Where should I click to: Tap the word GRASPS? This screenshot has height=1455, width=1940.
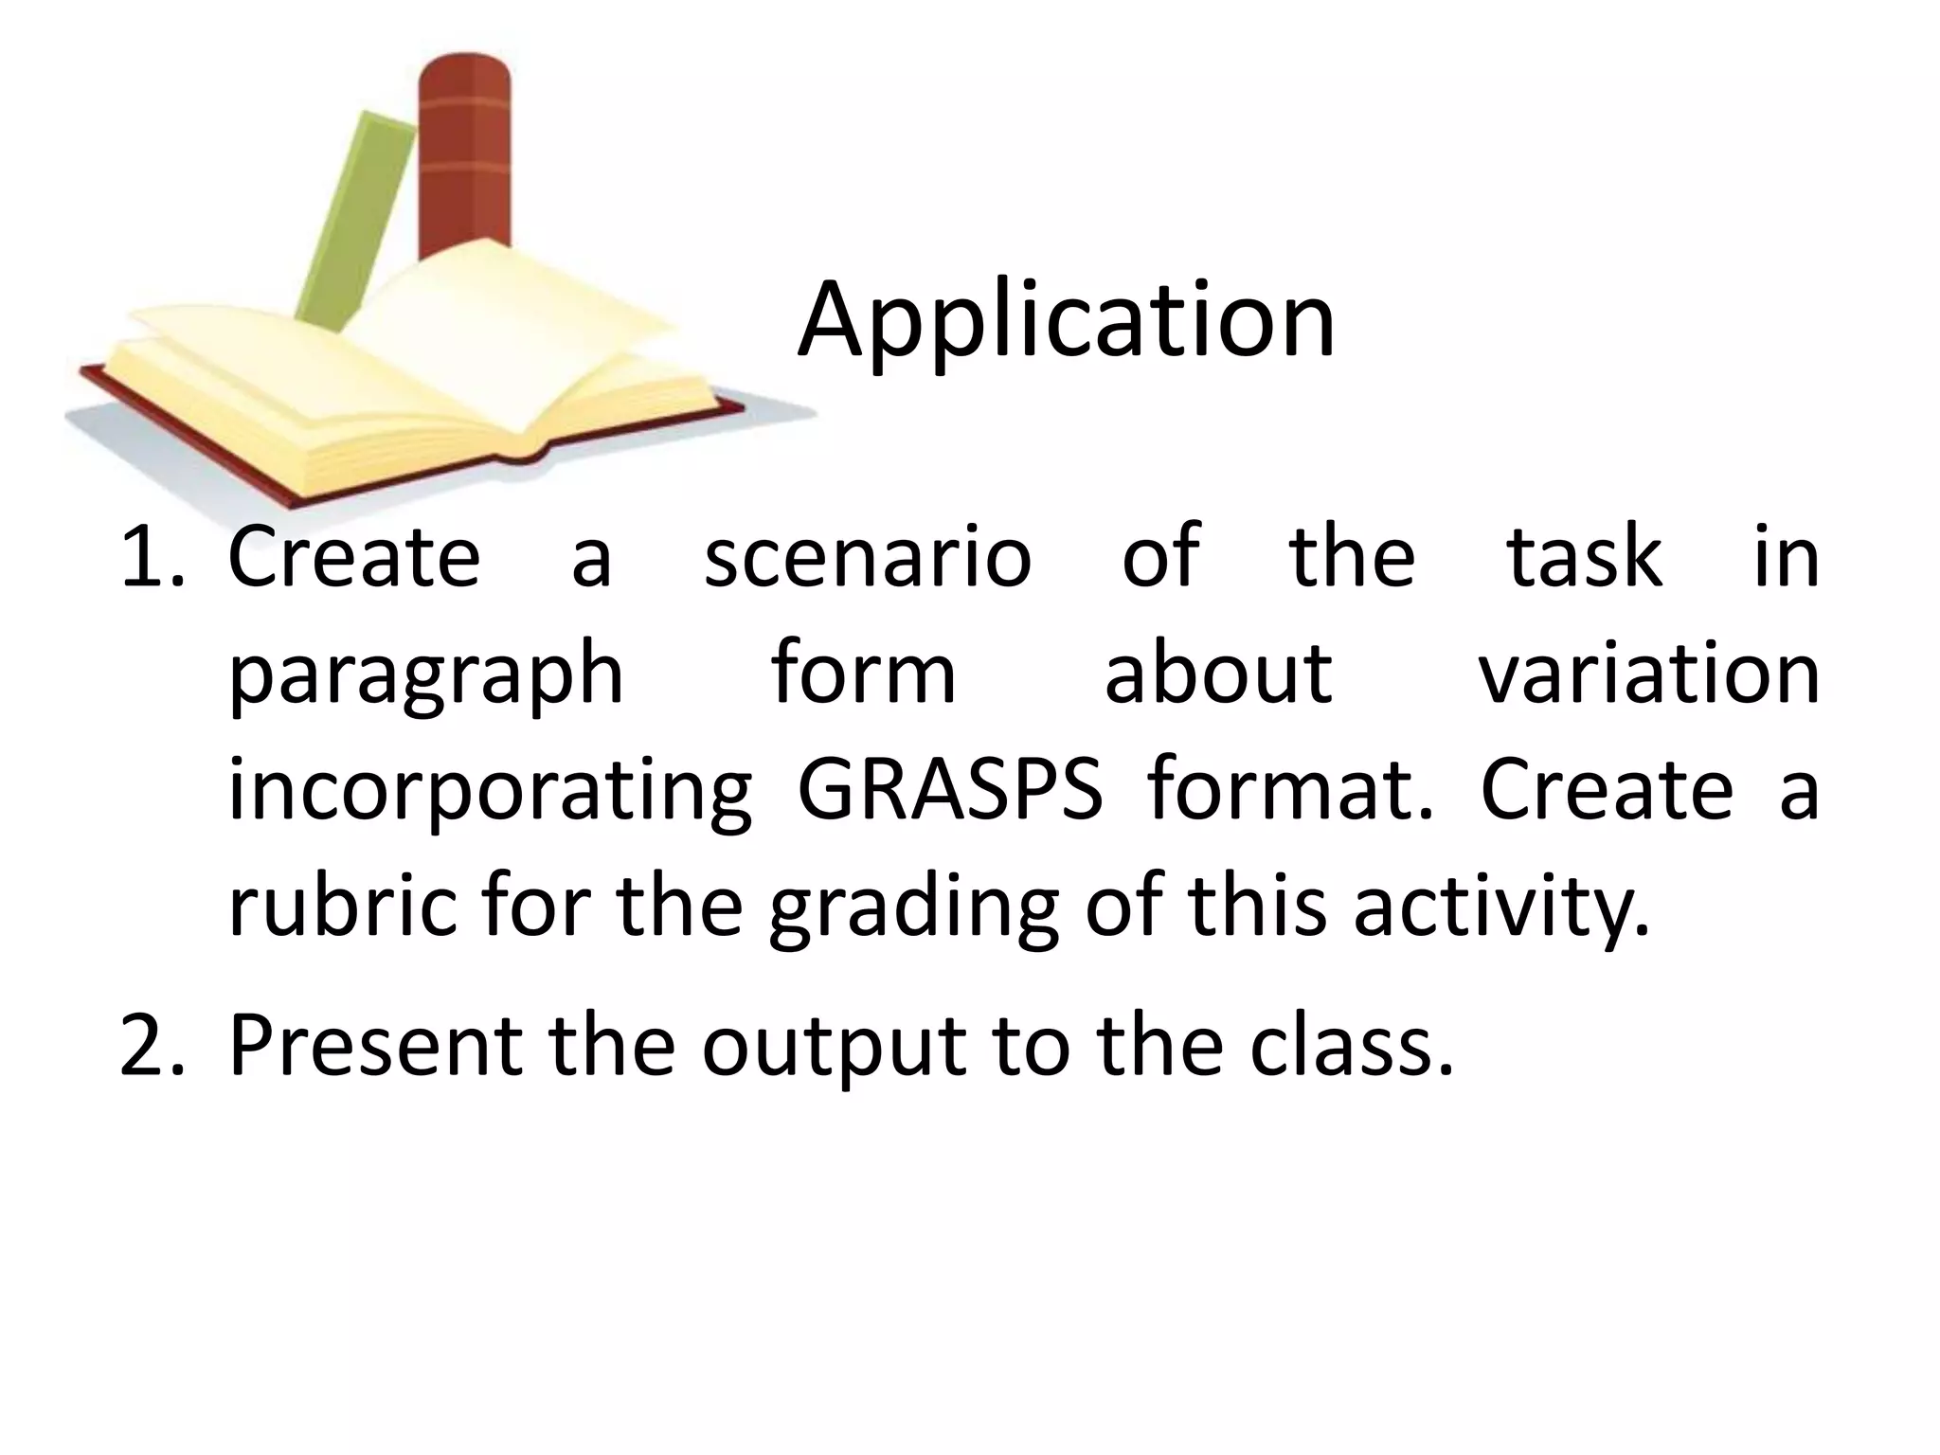pyautogui.click(x=950, y=789)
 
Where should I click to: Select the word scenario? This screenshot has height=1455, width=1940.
pyautogui.click(x=867, y=558)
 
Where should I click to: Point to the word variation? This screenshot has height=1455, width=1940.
pyautogui.click(x=1648, y=674)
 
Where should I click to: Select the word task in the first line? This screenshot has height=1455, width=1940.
pyautogui.click(x=1584, y=558)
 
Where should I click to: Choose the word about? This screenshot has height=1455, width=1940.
pyautogui.click(x=1218, y=674)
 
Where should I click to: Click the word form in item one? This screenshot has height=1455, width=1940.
pyautogui.click(x=863, y=674)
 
